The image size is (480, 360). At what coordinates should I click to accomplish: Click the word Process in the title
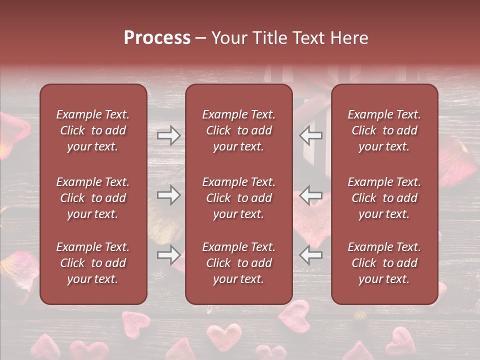click(157, 38)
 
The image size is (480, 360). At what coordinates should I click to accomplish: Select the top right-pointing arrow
click(168, 135)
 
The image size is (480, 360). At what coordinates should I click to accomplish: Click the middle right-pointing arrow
click(168, 195)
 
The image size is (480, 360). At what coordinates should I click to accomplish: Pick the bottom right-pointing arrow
click(168, 255)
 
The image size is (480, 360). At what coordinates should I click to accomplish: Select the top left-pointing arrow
click(310, 135)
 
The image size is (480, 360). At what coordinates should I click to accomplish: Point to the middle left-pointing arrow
click(310, 195)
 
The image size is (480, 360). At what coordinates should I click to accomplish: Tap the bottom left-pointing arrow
click(310, 255)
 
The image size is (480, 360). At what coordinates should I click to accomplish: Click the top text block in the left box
click(93, 130)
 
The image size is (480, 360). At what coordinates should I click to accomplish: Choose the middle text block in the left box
click(93, 198)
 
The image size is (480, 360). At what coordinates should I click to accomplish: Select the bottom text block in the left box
click(93, 263)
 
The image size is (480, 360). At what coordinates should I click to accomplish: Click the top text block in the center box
click(238, 130)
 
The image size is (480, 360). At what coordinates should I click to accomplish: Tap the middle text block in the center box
click(238, 198)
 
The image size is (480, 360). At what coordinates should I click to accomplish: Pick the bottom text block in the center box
click(238, 263)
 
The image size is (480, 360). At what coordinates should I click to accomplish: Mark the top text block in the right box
click(384, 130)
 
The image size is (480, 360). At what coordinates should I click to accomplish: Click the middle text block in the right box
click(384, 198)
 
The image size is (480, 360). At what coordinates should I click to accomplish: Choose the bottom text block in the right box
click(384, 263)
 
